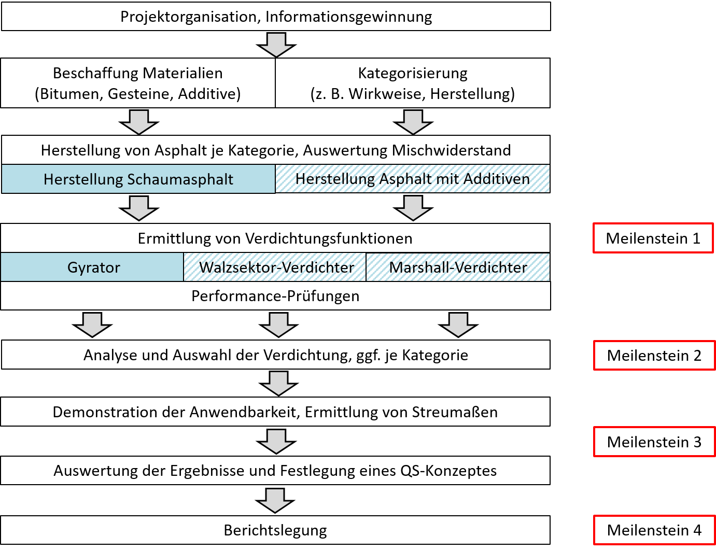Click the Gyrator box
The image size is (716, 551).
[93, 267]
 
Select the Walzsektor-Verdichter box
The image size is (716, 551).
[275, 267]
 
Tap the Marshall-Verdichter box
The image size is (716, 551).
[458, 267]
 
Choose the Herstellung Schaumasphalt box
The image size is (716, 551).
[138, 179]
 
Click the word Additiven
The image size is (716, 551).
[496, 179]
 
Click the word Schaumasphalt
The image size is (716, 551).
[180, 179]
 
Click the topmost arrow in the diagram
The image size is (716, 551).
[276, 45]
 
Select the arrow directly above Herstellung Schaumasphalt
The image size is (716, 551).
[139, 122]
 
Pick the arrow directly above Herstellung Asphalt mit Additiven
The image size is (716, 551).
[413, 122]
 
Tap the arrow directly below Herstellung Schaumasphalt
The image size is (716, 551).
[139, 208]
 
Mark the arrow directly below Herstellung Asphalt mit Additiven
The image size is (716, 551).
[413, 208]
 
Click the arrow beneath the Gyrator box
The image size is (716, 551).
[92, 324]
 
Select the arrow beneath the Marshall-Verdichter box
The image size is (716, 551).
[458, 324]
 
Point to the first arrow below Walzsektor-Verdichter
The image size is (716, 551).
[279, 324]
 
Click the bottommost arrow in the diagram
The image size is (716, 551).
[275, 500]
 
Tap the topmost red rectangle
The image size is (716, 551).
[653, 238]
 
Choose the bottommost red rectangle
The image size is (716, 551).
[654, 530]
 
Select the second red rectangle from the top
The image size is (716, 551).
[654, 355]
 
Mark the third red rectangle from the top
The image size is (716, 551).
[654, 441]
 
